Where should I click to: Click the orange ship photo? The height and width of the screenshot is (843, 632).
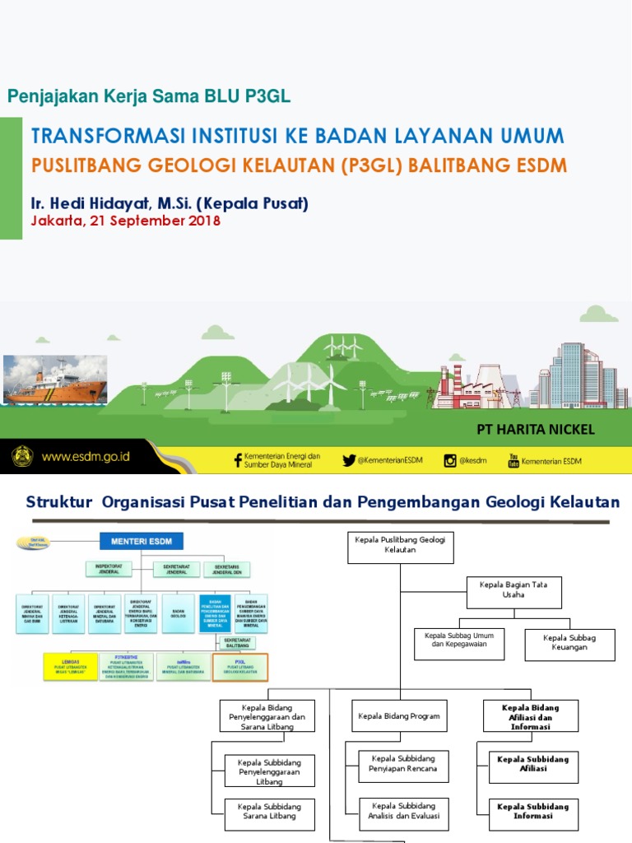click(x=55, y=379)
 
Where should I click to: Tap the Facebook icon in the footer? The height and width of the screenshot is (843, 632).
click(x=238, y=460)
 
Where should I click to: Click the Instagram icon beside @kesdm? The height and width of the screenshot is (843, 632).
click(x=450, y=460)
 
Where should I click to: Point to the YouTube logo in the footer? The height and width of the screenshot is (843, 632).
click(x=513, y=460)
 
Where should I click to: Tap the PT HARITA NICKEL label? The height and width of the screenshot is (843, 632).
click(x=536, y=430)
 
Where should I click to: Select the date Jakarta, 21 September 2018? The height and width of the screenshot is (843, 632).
click(x=125, y=221)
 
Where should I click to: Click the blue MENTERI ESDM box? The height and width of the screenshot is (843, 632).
click(x=142, y=541)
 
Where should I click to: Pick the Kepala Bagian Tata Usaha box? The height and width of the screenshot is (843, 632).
click(x=513, y=589)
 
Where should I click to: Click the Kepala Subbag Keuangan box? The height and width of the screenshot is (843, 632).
click(x=569, y=642)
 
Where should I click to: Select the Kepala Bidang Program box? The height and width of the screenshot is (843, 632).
click(x=398, y=716)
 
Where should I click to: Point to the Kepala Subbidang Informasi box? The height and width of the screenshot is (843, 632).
click(x=533, y=811)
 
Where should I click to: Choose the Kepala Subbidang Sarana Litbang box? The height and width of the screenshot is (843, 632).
click(x=269, y=811)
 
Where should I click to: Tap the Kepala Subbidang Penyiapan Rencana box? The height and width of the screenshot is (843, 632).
click(x=404, y=763)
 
